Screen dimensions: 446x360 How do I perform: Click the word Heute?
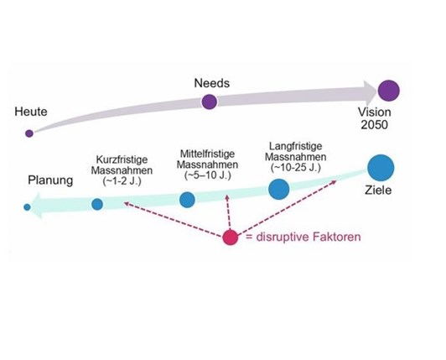31,112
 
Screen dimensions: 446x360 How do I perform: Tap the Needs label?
211,83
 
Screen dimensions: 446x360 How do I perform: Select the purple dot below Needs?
210,102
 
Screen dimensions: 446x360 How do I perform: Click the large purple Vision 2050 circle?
389,91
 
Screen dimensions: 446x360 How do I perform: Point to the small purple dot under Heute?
29,133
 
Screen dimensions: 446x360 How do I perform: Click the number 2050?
374,125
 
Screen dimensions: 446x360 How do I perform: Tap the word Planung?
50,180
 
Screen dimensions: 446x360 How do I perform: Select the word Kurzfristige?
122,159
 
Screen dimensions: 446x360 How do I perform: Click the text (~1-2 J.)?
122,181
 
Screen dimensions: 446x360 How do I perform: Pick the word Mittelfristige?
207,154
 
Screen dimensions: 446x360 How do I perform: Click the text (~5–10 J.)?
208,175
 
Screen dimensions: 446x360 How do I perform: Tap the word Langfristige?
296,146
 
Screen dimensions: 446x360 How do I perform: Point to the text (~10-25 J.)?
296,168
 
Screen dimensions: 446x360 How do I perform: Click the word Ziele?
378,190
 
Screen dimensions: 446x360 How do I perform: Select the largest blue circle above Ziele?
381,168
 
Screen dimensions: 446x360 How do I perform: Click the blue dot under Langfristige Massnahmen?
278,189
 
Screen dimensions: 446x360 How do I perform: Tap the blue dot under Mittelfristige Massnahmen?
187,200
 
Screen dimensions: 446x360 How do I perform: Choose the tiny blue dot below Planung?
27,207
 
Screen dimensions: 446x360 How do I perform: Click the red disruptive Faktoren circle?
230,237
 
